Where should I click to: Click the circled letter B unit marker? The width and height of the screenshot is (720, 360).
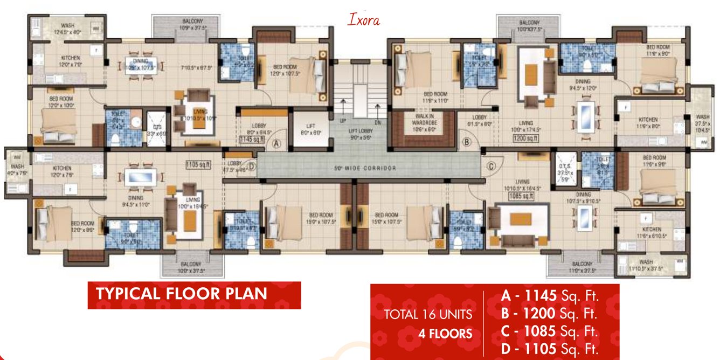pos(467,143)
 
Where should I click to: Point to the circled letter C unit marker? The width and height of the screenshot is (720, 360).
pos(491,166)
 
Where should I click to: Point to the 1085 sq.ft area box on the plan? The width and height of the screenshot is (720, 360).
pos(520,197)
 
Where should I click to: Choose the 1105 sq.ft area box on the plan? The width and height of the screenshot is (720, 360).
pos(197,165)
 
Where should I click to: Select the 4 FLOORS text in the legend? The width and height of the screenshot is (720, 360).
pos(445,334)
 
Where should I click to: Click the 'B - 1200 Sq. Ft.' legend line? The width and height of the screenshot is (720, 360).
pos(550,313)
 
